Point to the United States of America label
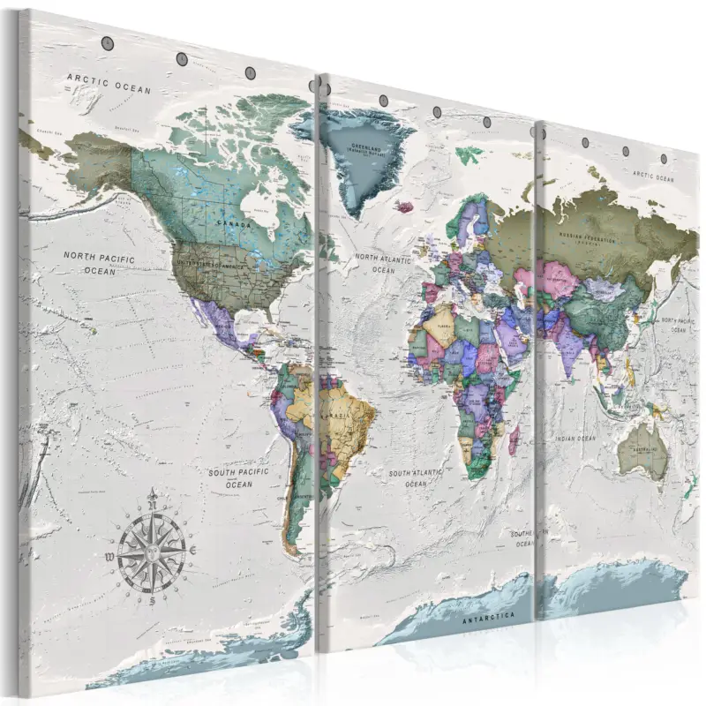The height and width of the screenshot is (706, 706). (x=212, y=263)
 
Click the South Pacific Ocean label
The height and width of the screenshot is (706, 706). (x=238, y=478)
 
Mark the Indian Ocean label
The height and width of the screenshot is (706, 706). (x=578, y=438)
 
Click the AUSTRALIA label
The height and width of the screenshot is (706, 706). (x=642, y=450)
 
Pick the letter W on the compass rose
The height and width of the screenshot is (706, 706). (x=108, y=556)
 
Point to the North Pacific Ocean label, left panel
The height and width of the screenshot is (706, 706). (x=100, y=263)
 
